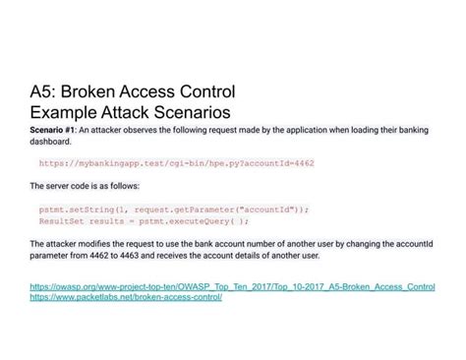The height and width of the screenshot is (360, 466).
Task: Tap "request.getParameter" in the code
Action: [x=177, y=209]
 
